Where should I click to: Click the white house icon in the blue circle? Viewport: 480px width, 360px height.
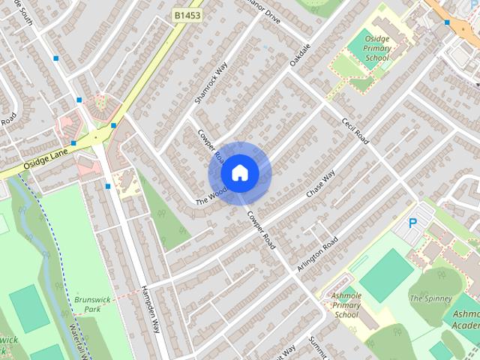tap(239, 173)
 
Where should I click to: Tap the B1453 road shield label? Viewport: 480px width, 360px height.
tap(187, 14)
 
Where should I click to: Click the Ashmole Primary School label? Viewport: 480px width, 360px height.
tap(346, 305)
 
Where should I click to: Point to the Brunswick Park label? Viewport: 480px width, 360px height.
tap(92, 304)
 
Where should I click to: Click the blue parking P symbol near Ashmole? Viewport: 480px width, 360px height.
tap(412, 223)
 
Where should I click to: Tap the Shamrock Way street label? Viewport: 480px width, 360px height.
tap(210, 82)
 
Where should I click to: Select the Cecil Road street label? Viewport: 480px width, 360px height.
tap(355, 131)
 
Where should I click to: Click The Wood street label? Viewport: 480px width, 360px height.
tap(211, 196)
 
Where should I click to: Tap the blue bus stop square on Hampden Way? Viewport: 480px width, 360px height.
tap(108, 186)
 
